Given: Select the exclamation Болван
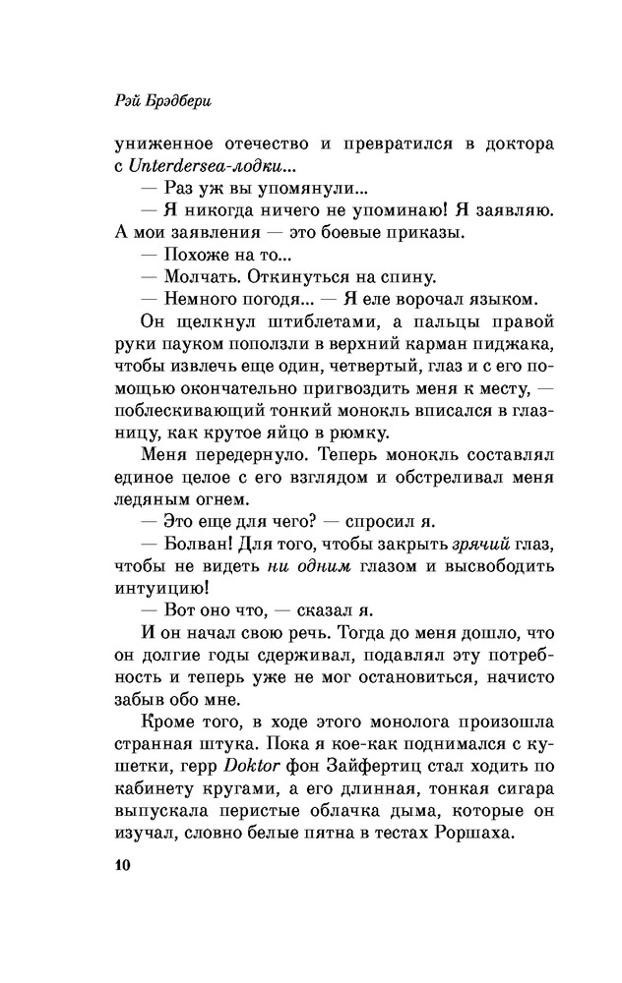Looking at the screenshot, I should pos(191,546).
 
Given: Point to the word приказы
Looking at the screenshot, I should pos(403,232).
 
